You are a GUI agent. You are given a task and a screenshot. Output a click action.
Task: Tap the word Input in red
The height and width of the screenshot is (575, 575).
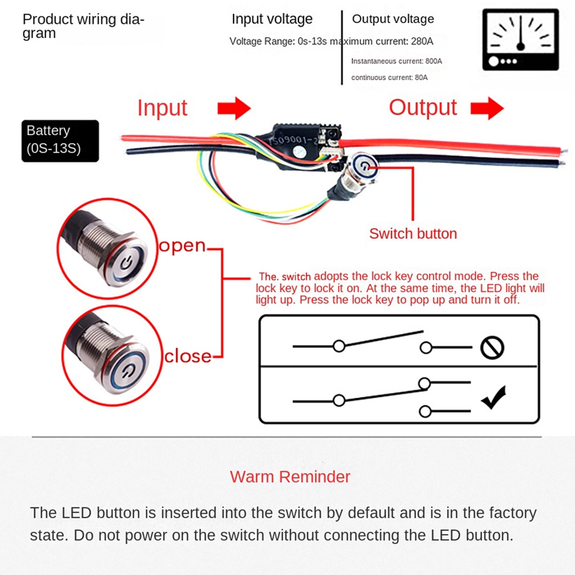click(162, 108)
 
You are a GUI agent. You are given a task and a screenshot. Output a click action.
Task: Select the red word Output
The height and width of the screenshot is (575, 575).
click(423, 108)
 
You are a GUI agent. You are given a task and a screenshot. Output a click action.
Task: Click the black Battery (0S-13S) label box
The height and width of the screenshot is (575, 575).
click(60, 140)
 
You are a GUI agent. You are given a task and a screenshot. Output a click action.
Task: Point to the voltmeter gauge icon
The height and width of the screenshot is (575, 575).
click(520, 40)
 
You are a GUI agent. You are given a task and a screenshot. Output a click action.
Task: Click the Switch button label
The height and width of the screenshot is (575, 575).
click(413, 234)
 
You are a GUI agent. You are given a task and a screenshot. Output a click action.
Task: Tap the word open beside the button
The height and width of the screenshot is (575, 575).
click(183, 246)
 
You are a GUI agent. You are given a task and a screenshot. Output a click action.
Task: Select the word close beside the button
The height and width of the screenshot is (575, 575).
click(188, 356)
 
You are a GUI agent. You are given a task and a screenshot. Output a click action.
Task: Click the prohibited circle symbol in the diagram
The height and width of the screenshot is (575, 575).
click(492, 348)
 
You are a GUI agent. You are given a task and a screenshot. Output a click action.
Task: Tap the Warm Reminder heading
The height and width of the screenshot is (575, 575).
click(290, 477)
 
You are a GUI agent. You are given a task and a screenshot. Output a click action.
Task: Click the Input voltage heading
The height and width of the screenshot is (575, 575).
click(272, 19)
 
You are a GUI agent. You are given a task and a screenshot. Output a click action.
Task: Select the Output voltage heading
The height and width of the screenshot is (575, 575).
click(392, 19)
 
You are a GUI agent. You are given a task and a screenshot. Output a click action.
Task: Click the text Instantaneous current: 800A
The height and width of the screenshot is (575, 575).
click(397, 62)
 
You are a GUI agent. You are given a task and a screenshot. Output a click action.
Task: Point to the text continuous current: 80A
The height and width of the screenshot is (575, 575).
click(389, 78)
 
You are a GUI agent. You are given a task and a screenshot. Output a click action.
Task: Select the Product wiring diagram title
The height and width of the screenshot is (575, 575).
click(83, 26)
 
